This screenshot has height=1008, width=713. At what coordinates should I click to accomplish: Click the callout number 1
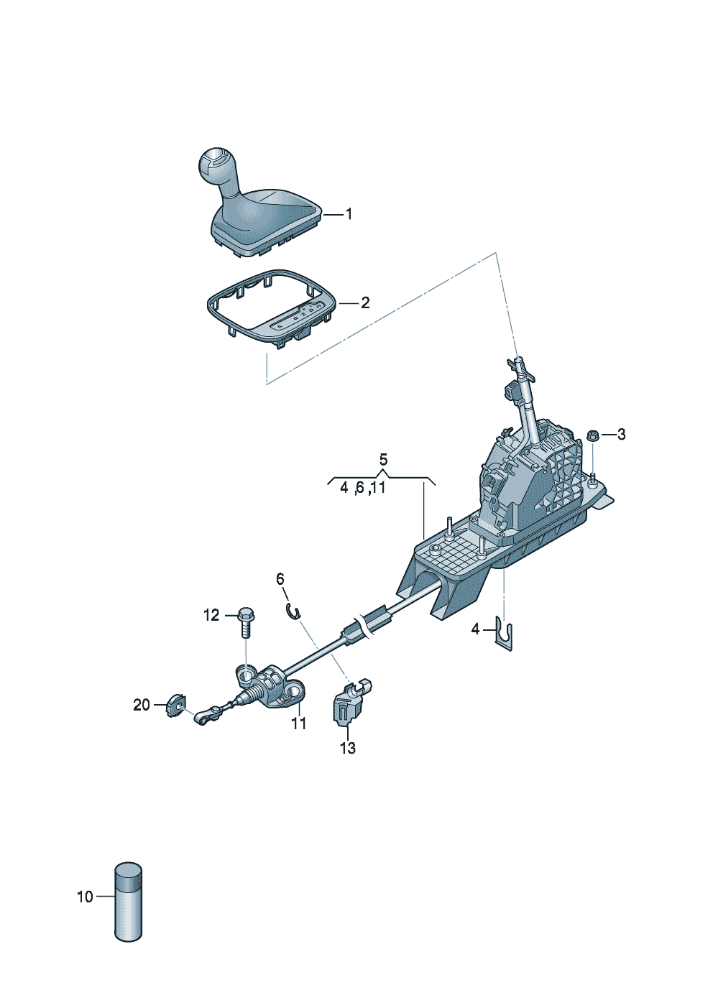(x=349, y=214)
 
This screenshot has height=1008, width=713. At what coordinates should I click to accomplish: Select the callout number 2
(x=365, y=303)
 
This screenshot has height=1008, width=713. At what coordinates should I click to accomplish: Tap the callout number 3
(x=621, y=435)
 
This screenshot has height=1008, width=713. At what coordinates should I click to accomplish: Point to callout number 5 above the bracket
(x=383, y=459)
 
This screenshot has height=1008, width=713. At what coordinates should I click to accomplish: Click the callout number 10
(x=85, y=897)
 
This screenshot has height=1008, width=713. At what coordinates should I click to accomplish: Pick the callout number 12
(x=211, y=615)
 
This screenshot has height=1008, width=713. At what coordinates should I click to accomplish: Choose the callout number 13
(x=347, y=749)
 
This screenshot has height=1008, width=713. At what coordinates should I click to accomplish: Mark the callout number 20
(x=142, y=705)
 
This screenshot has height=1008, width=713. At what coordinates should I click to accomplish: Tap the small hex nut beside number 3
(x=593, y=435)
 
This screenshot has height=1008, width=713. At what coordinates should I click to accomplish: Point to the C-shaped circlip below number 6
(x=293, y=611)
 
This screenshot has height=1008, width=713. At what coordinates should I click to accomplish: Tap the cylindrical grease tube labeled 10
(x=129, y=902)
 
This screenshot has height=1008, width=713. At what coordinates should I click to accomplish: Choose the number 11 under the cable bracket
(x=299, y=723)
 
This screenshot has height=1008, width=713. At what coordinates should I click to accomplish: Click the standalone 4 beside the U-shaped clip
(x=475, y=629)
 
